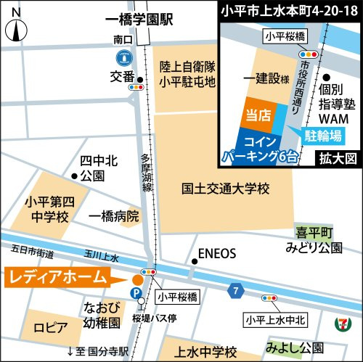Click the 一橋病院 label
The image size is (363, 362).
(x=113, y=216)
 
